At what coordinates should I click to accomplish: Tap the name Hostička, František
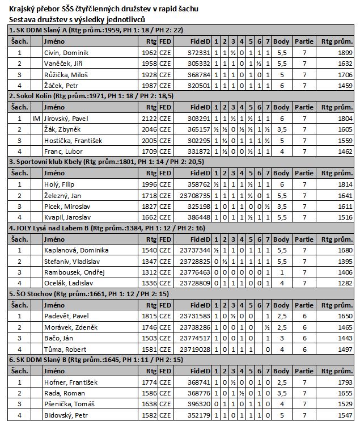[x=72, y=141]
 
